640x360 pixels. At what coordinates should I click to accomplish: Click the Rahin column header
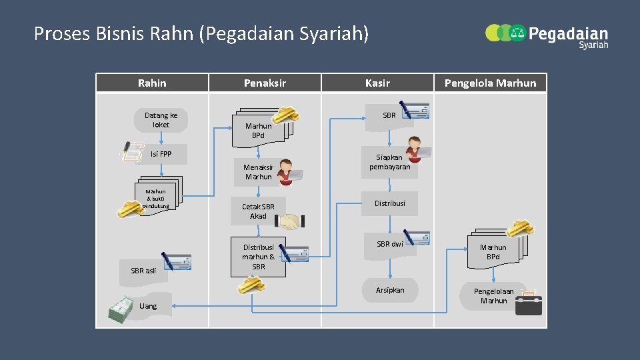click(x=152, y=83)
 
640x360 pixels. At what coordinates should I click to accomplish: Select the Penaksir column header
click(x=265, y=83)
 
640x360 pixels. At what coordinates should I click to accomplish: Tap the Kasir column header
click(x=377, y=83)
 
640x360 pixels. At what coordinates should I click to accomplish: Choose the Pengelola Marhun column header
click(x=490, y=83)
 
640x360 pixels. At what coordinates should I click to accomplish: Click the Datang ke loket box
click(x=161, y=120)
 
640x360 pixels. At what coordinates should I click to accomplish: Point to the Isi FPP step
click(x=161, y=154)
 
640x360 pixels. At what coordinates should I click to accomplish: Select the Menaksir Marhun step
click(x=259, y=172)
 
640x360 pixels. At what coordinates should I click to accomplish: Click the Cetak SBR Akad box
click(x=258, y=211)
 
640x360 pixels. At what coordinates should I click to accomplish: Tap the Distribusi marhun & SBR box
click(x=259, y=257)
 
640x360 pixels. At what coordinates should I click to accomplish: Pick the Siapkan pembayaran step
click(x=390, y=163)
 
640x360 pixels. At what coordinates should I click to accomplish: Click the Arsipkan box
click(x=390, y=290)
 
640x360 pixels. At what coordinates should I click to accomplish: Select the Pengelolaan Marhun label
click(x=493, y=296)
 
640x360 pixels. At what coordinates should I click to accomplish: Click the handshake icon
click(x=293, y=221)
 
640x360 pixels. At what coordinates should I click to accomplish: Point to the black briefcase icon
click(x=529, y=304)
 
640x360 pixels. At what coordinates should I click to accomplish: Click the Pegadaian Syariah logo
click(x=547, y=35)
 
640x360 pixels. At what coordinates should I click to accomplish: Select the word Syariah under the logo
click(x=593, y=45)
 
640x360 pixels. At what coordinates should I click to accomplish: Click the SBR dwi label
click(x=390, y=244)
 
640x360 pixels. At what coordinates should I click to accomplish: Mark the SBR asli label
click(x=143, y=271)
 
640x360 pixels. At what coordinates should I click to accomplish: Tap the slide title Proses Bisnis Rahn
click(x=201, y=33)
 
